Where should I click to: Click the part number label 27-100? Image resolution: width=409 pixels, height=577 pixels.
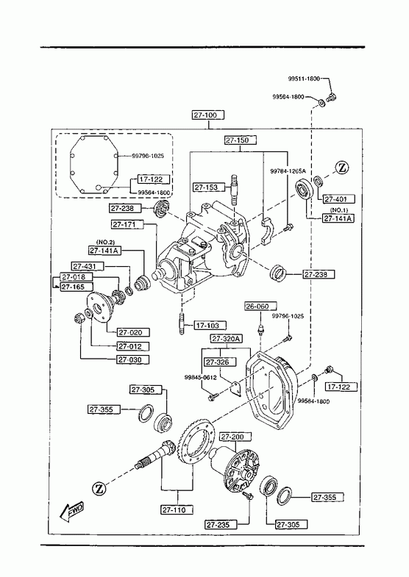pyautogui.click(x=208, y=115)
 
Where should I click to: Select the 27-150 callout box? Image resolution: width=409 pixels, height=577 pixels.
pyautogui.click(x=240, y=140)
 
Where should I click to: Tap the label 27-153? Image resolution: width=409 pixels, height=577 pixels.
pyautogui.click(x=208, y=187)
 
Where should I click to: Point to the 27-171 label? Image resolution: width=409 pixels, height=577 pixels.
pyautogui.click(x=127, y=224)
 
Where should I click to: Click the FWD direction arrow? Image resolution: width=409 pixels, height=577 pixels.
pyautogui.click(x=71, y=512)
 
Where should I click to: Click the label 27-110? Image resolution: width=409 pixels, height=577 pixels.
pyautogui.click(x=178, y=509)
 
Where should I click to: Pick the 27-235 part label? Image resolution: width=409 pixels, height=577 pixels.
pyautogui.click(x=221, y=524)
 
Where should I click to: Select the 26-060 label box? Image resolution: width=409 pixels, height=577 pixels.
pyautogui.click(x=260, y=307)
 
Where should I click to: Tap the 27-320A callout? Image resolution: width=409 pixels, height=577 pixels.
pyautogui.click(x=226, y=339)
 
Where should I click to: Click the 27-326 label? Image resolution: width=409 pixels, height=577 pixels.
pyautogui.click(x=220, y=362)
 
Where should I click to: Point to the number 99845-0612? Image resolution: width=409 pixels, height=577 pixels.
pyautogui.click(x=200, y=378)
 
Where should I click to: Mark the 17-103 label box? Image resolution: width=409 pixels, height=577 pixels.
pyautogui.click(x=210, y=326)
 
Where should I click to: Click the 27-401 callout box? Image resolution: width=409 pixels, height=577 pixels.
pyautogui.click(x=339, y=199)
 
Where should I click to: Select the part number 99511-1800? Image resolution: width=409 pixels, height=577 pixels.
pyautogui.click(x=304, y=79)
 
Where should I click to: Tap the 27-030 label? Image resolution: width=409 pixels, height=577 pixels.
pyautogui.click(x=133, y=359)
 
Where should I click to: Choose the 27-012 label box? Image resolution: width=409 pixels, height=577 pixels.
pyautogui.click(x=133, y=346)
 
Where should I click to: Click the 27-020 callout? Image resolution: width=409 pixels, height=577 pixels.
pyautogui.click(x=133, y=332)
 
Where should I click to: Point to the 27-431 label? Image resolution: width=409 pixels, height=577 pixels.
pyautogui.click(x=88, y=266)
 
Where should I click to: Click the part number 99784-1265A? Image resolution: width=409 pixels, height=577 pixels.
pyautogui.click(x=288, y=171)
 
